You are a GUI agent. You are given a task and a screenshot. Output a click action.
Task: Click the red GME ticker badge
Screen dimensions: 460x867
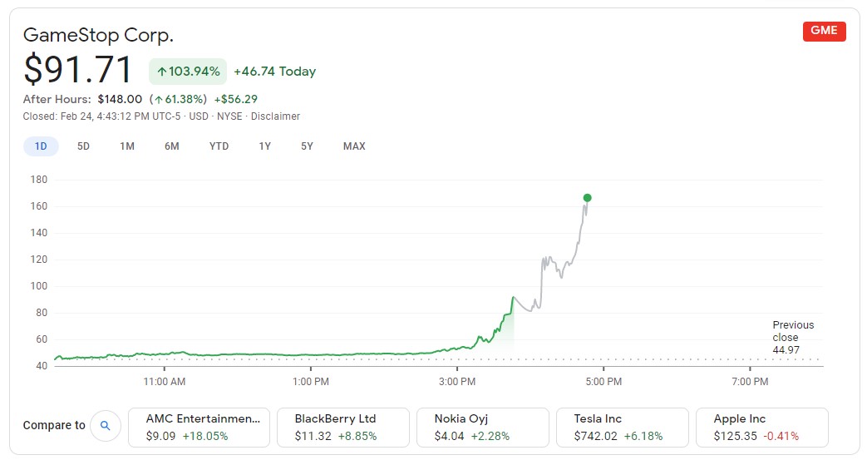click(x=824, y=31)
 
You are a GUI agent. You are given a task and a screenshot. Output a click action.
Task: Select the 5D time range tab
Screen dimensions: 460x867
click(x=83, y=146)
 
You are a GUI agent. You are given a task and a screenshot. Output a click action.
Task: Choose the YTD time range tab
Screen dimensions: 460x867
click(x=219, y=146)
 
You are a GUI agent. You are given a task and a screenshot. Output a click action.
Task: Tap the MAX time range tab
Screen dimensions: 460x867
click(x=354, y=146)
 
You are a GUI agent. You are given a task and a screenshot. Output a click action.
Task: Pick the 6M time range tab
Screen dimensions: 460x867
click(x=171, y=146)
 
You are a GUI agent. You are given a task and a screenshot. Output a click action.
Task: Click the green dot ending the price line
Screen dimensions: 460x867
click(x=587, y=198)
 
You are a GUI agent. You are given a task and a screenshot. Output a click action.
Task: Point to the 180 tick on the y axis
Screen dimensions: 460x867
click(x=39, y=180)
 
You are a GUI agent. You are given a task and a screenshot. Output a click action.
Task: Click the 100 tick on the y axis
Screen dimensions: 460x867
click(x=39, y=286)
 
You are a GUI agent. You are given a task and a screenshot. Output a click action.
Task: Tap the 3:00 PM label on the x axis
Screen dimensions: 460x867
click(x=457, y=382)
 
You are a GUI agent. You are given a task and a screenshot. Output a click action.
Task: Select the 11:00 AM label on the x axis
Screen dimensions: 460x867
click(x=165, y=382)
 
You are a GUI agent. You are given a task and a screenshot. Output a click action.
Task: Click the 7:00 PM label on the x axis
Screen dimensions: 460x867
click(x=750, y=382)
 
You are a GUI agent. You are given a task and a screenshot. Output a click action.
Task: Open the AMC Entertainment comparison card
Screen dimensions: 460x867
click(x=199, y=427)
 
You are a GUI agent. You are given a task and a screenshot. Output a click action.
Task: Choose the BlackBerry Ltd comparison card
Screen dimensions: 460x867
click(x=342, y=427)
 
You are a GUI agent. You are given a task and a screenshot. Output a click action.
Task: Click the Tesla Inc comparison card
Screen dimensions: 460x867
click(x=622, y=427)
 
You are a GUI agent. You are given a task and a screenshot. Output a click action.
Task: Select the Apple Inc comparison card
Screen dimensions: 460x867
click(x=761, y=427)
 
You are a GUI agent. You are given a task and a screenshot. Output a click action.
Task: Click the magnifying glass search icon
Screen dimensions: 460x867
click(x=105, y=426)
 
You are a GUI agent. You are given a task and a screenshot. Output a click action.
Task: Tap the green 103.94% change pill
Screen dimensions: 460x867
click(x=188, y=72)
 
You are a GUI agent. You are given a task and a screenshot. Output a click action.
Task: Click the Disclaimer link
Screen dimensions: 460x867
click(x=274, y=116)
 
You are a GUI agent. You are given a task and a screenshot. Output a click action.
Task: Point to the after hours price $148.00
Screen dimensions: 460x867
click(x=120, y=99)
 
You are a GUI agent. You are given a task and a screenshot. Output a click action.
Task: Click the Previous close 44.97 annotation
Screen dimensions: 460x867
click(x=793, y=338)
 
